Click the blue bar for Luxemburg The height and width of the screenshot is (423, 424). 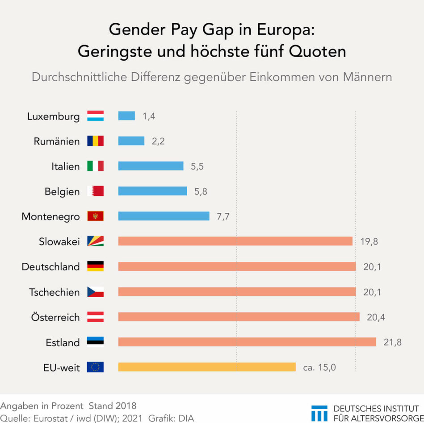(x=126, y=116)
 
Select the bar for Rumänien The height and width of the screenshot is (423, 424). (x=131, y=141)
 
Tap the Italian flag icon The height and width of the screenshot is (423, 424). (x=95, y=166)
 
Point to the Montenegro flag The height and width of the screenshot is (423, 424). (x=95, y=216)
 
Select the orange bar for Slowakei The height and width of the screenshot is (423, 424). (x=235, y=241)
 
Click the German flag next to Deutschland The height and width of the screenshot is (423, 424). (x=95, y=266)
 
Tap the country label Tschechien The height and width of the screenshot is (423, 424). (x=54, y=292)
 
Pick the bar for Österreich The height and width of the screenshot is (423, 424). (x=239, y=317)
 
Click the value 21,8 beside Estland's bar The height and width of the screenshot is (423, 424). (x=392, y=342)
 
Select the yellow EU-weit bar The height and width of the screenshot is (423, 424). (x=207, y=367)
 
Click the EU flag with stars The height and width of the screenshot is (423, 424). (x=95, y=367)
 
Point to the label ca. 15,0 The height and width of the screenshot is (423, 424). (x=319, y=368)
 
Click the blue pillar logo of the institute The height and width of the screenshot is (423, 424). (x=319, y=413)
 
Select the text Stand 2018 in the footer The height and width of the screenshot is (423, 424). (x=113, y=406)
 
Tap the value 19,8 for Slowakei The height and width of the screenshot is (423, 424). (x=369, y=241)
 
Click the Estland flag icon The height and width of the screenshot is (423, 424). (x=95, y=342)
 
